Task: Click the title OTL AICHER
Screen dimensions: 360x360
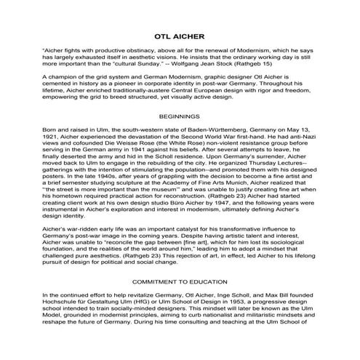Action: tap(180, 35)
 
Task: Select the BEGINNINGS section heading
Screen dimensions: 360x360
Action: tap(180, 116)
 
